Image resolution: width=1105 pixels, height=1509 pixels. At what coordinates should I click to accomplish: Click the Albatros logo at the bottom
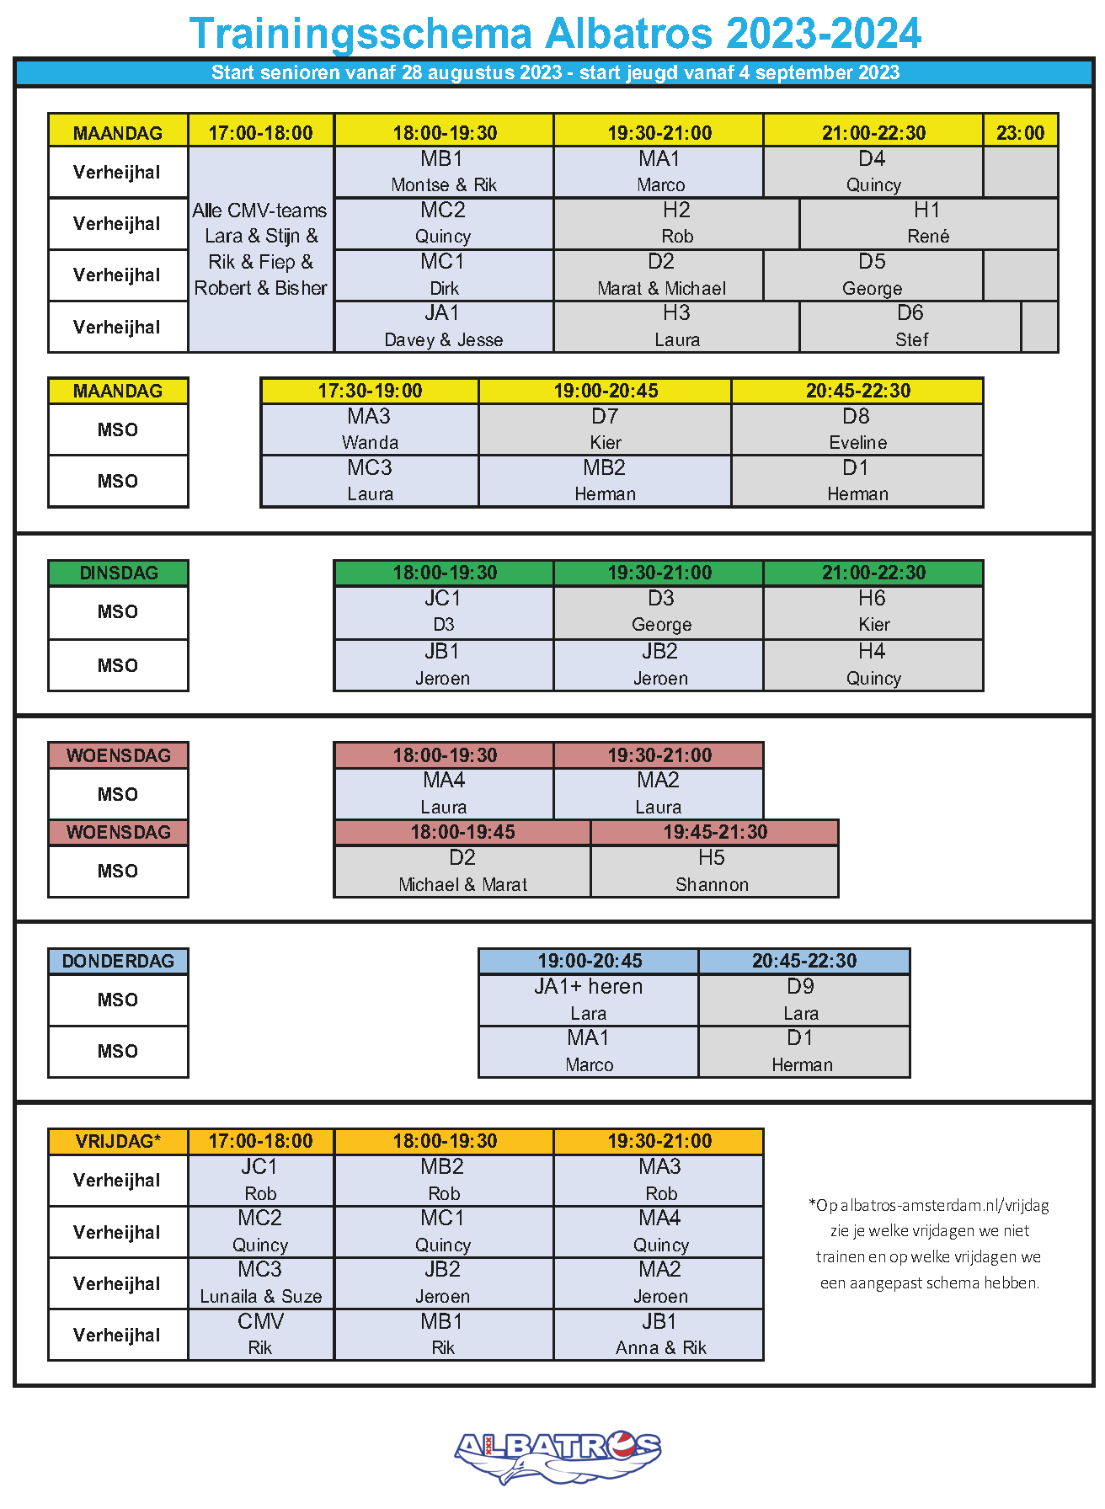pyautogui.click(x=557, y=1455)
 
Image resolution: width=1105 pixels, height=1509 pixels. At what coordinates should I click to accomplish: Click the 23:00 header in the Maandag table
pyautogui.click(x=1020, y=132)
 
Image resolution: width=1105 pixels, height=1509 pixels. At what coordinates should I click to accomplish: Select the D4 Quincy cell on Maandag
pyautogui.click(x=873, y=172)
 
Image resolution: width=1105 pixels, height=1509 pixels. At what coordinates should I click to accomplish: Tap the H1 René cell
pyautogui.click(x=928, y=223)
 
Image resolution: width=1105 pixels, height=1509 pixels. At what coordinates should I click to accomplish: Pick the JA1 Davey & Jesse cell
pyautogui.click(x=444, y=326)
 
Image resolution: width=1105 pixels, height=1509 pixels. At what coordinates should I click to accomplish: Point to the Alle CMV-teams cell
pyautogui.click(x=261, y=249)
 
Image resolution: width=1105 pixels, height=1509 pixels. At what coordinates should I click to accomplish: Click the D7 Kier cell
pyautogui.click(x=605, y=429)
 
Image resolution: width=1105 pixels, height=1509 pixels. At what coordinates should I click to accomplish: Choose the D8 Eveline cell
pyautogui.click(x=857, y=429)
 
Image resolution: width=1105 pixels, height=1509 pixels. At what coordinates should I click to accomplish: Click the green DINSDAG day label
pyautogui.click(x=118, y=573)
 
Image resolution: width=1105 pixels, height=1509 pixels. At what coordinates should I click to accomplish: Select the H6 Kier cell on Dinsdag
pyautogui.click(x=873, y=611)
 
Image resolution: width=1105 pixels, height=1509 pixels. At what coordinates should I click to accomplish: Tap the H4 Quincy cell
pyautogui.click(x=873, y=664)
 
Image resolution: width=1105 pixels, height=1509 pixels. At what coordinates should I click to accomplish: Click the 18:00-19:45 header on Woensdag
pyautogui.click(x=462, y=832)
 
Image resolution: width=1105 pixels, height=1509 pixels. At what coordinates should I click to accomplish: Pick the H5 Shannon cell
pyautogui.click(x=713, y=871)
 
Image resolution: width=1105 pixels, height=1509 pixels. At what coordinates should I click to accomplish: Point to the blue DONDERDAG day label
pyautogui.click(x=118, y=961)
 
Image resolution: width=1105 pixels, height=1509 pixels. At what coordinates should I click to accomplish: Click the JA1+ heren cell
pyautogui.click(x=588, y=1000)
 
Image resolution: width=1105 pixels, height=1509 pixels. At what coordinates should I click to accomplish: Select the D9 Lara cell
pyautogui.click(x=803, y=1000)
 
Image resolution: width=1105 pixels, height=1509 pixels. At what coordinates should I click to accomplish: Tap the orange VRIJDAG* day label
pyautogui.click(x=118, y=1141)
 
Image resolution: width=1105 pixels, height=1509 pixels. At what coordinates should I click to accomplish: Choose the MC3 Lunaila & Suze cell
pyautogui.click(x=261, y=1283)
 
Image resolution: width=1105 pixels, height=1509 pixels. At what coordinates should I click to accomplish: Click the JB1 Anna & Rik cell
pyautogui.click(x=659, y=1335)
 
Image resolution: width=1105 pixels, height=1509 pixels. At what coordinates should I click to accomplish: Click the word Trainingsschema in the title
pyautogui.click(x=360, y=35)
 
